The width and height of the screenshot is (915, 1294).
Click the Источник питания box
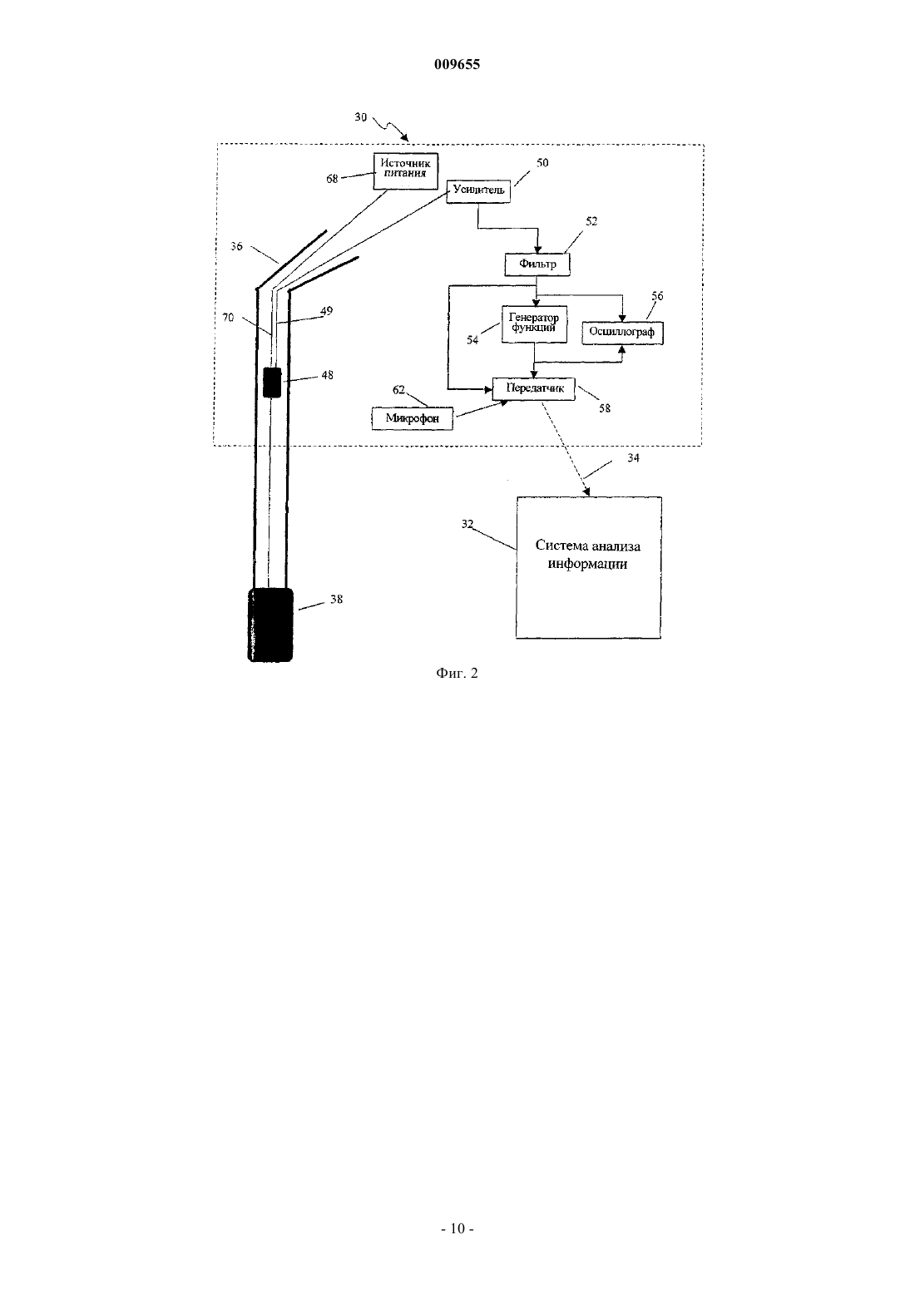click(x=406, y=171)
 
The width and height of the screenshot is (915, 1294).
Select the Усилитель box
click(x=479, y=190)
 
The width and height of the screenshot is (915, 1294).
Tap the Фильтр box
click(x=537, y=264)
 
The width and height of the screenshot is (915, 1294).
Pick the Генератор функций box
click(x=534, y=324)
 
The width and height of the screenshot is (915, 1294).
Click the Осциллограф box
click(x=622, y=333)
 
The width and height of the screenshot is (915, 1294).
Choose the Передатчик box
click(x=534, y=388)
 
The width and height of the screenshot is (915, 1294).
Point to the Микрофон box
click(x=412, y=418)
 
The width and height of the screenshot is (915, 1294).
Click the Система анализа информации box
click(x=588, y=567)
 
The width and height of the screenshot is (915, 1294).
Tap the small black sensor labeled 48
click(x=271, y=383)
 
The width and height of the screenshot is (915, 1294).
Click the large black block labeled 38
click(x=270, y=625)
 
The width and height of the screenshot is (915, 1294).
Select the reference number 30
click(x=360, y=117)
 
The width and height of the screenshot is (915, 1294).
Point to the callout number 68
click(x=332, y=179)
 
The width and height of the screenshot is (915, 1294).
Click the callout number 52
click(x=591, y=221)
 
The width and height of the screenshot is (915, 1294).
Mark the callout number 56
click(x=657, y=296)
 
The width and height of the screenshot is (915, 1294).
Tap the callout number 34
click(x=633, y=457)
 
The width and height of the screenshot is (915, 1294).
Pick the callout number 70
click(x=228, y=317)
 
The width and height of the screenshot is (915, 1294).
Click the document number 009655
click(x=457, y=64)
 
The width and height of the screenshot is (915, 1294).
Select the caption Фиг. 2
click(x=457, y=673)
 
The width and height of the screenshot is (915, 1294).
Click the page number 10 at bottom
click(x=457, y=1228)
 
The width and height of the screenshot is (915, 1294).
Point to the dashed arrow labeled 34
click(x=566, y=448)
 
